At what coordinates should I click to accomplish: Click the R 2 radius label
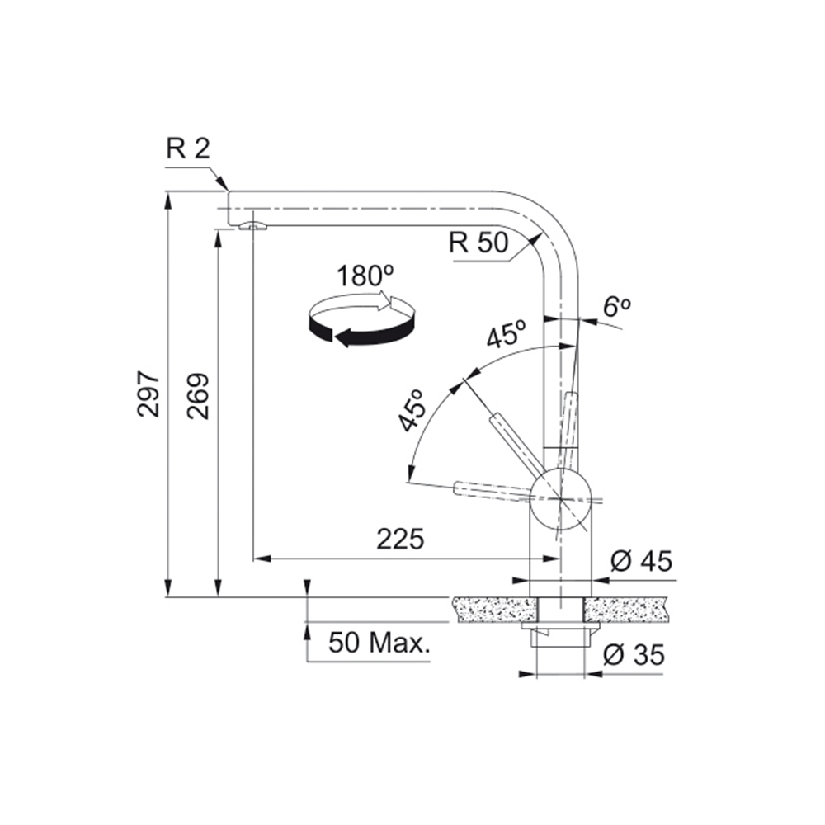(188, 148)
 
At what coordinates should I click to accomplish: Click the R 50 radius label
(478, 243)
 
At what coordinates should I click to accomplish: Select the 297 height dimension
(148, 394)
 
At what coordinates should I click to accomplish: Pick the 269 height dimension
(198, 396)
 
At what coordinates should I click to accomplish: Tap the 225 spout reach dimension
(400, 539)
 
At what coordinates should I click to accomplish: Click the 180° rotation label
(365, 276)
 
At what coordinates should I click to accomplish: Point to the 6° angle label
(616, 306)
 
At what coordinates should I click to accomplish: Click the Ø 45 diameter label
(641, 561)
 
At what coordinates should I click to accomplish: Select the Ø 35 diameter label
(634, 655)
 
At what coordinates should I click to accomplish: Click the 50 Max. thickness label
(379, 643)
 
